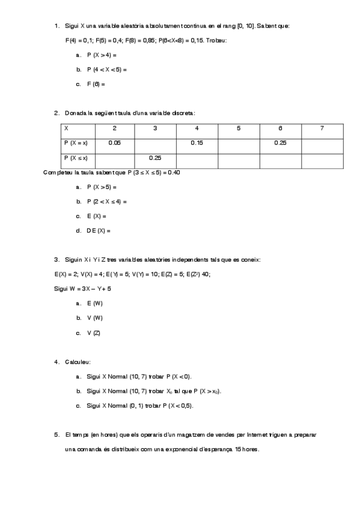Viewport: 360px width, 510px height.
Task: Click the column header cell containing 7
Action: [322, 128]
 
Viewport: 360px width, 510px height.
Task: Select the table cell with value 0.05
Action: [114, 143]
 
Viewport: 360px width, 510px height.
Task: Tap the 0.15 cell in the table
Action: [197, 143]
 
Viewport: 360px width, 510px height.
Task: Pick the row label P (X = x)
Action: [76, 143]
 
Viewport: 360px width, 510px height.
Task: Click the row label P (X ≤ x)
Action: [76, 158]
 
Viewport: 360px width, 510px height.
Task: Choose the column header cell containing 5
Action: [239, 128]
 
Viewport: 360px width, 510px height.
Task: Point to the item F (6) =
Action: [95, 84]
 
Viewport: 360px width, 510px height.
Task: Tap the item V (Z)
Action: [93, 333]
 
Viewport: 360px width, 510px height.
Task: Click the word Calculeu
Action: [78, 361]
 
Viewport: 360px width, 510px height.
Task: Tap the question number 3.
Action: [56, 259]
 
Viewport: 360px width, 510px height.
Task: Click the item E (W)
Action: [94, 303]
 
